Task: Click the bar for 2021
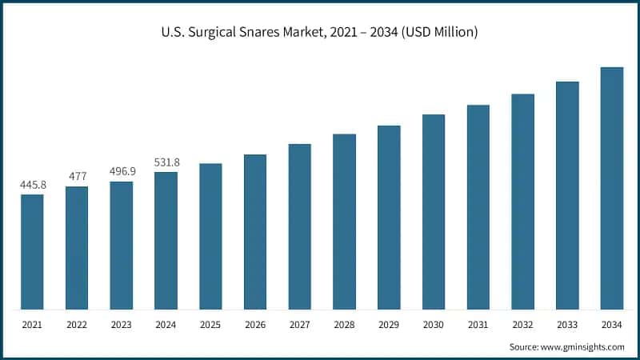tap(32, 251)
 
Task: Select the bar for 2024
tap(166, 240)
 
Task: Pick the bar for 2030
tap(434, 211)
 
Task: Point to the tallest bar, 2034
tap(612, 188)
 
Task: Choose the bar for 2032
tap(523, 201)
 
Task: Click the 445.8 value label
tap(33, 185)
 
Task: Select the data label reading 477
tap(77, 177)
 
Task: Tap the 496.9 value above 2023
tap(122, 172)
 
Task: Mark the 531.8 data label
tap(166, 162)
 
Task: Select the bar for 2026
tap(255, 231)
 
